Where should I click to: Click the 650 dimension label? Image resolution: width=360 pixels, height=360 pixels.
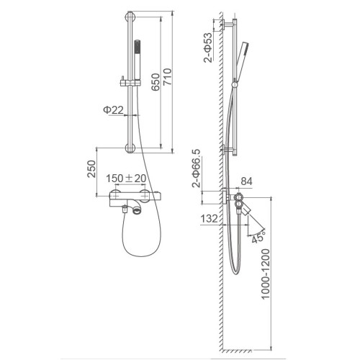click(156, 82)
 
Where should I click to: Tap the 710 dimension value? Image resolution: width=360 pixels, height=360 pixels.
click(167, 76)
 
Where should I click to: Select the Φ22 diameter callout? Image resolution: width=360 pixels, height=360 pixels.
click(113, 110)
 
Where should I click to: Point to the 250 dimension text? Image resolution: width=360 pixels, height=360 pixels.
click(91, 168)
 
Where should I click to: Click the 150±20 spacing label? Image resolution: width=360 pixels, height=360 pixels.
click(126, 179)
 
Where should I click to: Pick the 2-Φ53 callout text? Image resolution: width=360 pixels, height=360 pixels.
click(208, 48)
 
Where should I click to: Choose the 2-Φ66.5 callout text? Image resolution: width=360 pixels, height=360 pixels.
click(196, 168)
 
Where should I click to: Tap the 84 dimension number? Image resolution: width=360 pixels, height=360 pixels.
click(246, 181)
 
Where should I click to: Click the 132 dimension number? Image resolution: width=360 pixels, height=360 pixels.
click(209, 219)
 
